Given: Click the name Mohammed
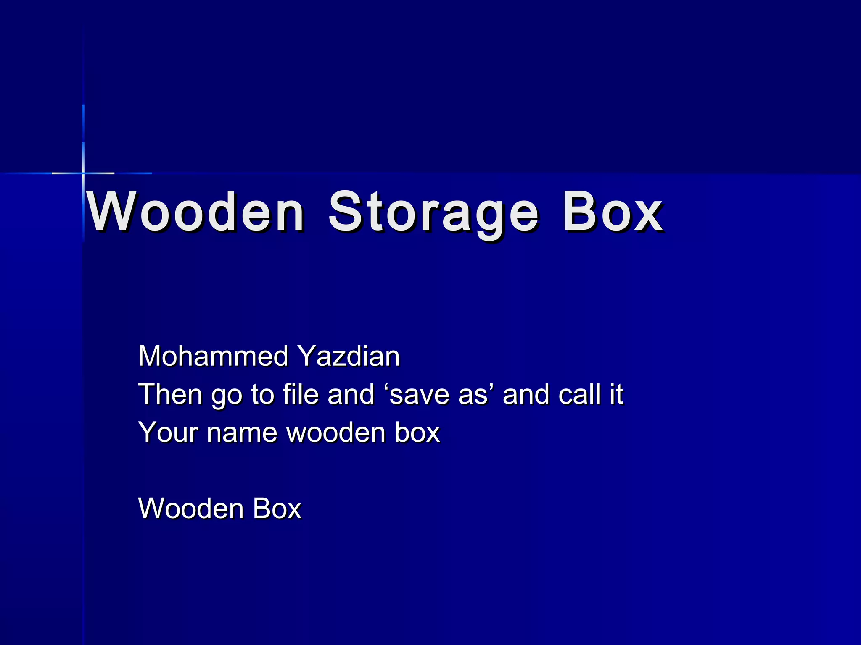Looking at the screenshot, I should [213, 356].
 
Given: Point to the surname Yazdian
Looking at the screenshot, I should [349, 356].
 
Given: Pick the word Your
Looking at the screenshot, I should [168, 432].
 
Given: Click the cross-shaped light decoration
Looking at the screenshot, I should [83, 173].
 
